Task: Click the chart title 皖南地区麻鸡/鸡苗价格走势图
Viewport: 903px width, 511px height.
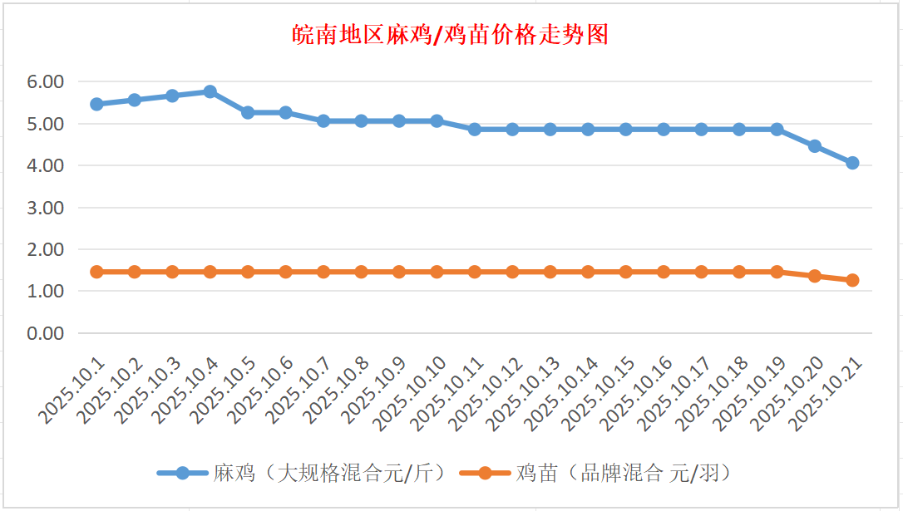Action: pos(451,35)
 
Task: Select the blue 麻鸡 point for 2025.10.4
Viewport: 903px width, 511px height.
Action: pos(210,91)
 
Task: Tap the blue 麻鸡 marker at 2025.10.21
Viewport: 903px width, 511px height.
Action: pos(852,163)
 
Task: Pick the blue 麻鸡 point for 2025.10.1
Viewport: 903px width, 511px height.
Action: pos(96,104)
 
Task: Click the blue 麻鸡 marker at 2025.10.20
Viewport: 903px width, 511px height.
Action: pos(815,146)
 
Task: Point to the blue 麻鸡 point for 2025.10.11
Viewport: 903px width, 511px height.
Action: pos(475,130)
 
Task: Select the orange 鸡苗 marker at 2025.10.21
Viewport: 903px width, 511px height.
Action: pos(852,280)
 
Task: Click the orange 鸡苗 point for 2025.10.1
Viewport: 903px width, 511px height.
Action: pos(96,272)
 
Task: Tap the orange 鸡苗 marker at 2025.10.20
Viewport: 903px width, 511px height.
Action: pos(815,276)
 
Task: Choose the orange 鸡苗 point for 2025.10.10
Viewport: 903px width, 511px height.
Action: pos(437,272)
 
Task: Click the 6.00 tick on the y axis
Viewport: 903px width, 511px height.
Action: pos(46,82)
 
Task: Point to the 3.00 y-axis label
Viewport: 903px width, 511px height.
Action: pos(46,208)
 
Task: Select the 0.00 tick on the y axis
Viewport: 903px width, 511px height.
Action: pos(46,333)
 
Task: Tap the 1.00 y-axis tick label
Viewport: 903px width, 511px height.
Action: pos(46,292)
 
